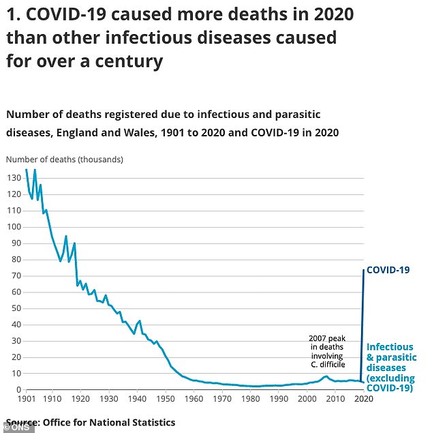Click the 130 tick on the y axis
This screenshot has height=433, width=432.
point(13,177)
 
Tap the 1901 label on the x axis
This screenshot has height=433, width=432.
point(27,398)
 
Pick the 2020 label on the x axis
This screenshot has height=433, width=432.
point(363,398)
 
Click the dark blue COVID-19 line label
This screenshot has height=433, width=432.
point(388,270)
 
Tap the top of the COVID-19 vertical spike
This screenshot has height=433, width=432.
point(363,271)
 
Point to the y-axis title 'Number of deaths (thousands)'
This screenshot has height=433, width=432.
point(65,160)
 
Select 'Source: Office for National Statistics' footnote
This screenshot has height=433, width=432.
point(91,422)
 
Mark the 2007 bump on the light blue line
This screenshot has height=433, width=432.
point(326,376)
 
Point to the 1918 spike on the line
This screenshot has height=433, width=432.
point(74,243)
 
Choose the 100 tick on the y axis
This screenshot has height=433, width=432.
point(13,226)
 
